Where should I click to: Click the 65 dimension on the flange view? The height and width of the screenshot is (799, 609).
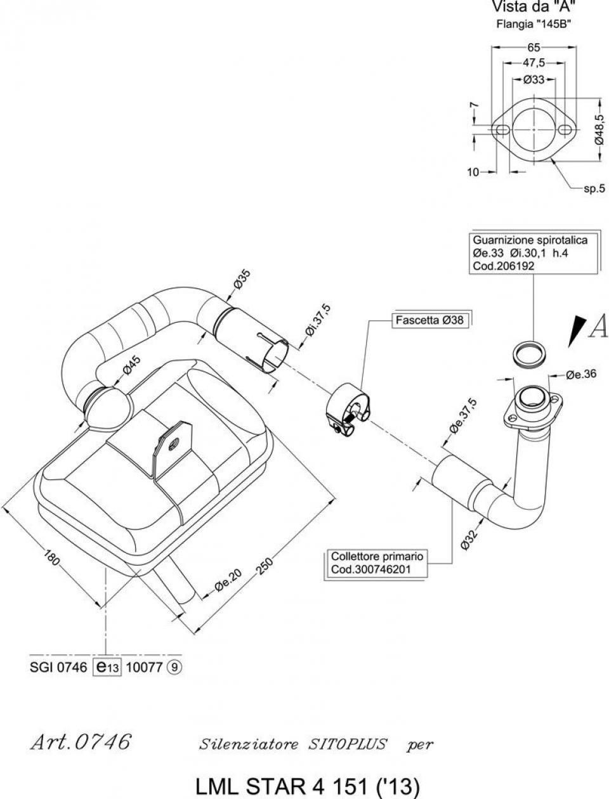(534, 48)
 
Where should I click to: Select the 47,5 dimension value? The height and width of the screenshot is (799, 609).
(534, 63)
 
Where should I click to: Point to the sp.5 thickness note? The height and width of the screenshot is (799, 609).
(594, 188)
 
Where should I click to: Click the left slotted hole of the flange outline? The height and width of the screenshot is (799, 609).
(502, 129)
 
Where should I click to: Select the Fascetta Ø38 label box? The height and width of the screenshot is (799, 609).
(429, 320)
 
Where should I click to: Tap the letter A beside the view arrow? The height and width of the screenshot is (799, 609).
(598, 326)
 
